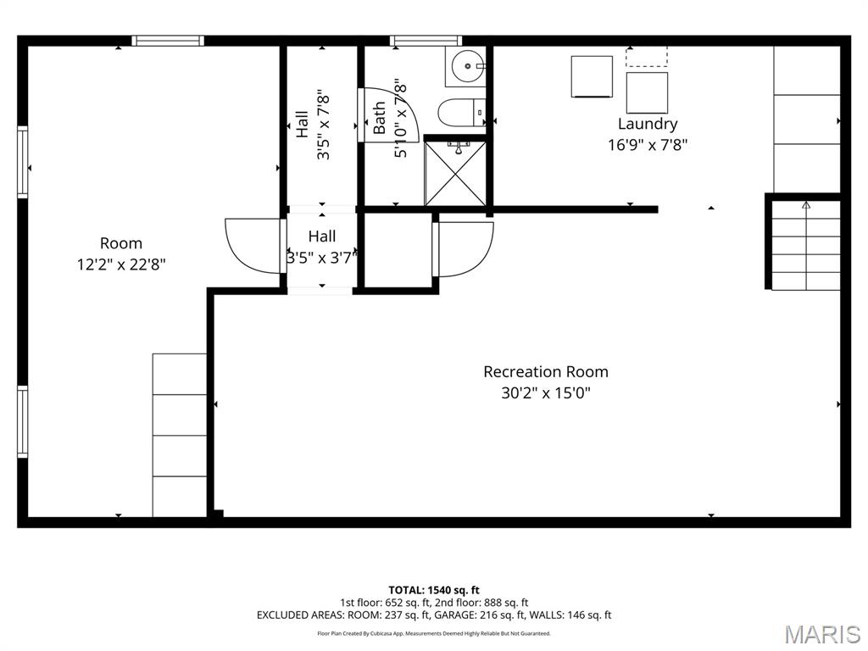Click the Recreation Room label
coord(545,371)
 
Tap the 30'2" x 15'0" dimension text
coord(545,392)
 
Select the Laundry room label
coord(647,124)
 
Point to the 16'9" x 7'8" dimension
coord(647,144)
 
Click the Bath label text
coord(380,118)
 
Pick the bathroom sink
coord(465,65)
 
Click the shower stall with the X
coord(456,174)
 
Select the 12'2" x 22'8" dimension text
coord(121,264)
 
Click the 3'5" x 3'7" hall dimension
coord(321,258)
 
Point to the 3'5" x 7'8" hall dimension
coord(323,128)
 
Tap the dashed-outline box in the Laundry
coord(647,57)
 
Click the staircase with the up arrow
coord(805,246)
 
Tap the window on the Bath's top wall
coord(426,40)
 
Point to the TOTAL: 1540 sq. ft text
coord(434,590)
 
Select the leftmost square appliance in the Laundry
coord(592,76)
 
